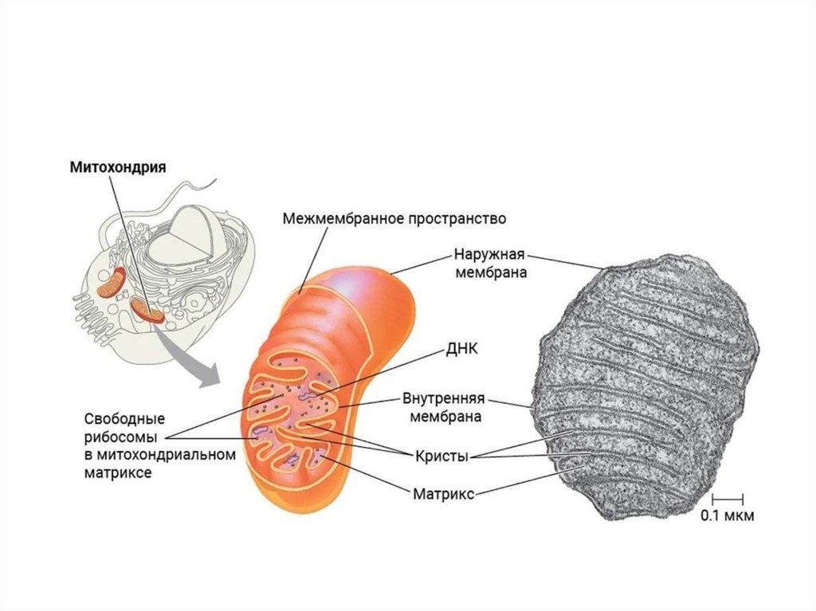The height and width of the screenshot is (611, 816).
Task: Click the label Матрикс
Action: point(444,494)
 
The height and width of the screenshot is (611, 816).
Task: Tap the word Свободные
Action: point(124,419)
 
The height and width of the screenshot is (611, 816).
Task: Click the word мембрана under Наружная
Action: point(492,273)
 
